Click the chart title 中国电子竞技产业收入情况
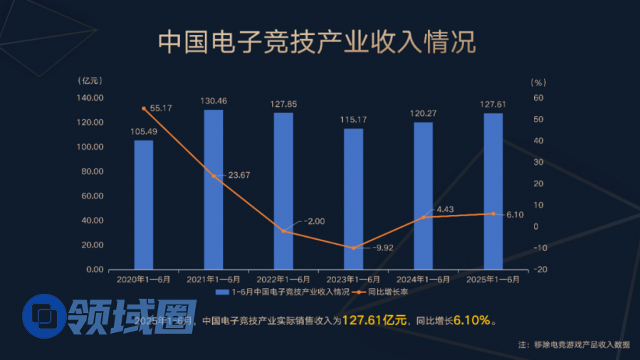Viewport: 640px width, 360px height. (316, 42)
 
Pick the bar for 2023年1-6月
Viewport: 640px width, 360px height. (353, 199)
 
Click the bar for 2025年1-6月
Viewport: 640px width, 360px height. (493, 191)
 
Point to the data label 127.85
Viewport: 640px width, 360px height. (283, 104)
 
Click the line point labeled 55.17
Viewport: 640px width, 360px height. (144, 108)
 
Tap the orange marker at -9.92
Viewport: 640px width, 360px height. (353, 248)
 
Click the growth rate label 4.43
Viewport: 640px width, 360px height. (444, 209)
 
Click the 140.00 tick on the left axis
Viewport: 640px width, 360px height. (91, 98)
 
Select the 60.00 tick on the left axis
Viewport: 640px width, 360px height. (93, 196)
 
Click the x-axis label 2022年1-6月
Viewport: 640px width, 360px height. (283, 280)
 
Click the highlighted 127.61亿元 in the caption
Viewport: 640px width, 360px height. (374, 321)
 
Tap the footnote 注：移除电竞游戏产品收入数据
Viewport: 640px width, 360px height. (574, 344)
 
